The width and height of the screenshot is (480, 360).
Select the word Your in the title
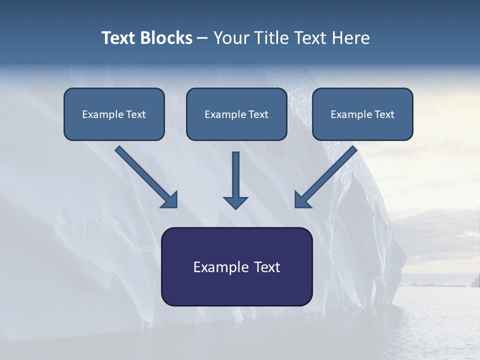[x=232, y=38]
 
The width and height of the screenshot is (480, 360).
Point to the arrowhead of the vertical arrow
[x=235, y=202]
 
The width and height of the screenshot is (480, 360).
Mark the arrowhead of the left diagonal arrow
[x=169, y=199]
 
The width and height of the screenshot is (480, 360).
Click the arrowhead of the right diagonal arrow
[x=302, y=199]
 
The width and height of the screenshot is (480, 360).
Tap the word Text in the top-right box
[x=384, y=114]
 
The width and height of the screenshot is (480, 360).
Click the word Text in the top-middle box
[x=258, y=114]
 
